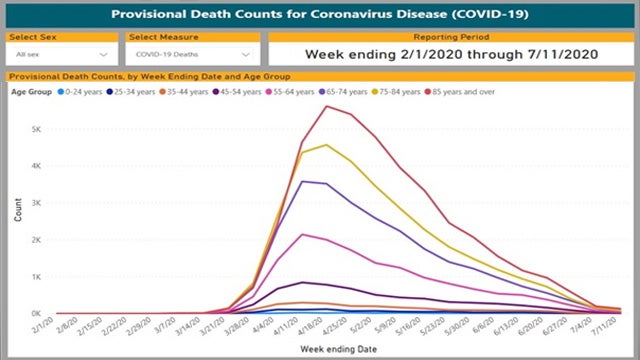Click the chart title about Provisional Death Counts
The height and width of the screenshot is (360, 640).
pyautogui.click(x=320, y=16)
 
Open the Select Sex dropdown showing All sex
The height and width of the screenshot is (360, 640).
pyautogui.click(x=61, y=54)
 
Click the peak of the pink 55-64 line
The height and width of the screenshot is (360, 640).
pyautogui.click(x=303, y=234)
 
